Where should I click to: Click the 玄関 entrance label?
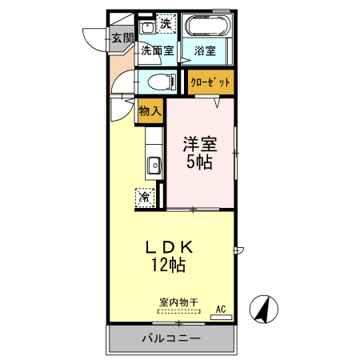pyautogui.click(x=122, y=38)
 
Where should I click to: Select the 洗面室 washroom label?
pyautogui.click(x=157, y=50)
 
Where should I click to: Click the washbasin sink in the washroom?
pyautogui.click(x=147, y=28)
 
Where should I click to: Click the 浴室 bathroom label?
pyautogui.click(x=205, y=51)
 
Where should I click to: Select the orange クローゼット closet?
pyautogui.click(x=211, y=82)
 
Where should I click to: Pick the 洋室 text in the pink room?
pyautogui.click(x=200, y=145)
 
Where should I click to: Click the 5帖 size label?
pyautogui.click(x=200, y=162)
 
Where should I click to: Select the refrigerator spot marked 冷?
pyautogui.click(x=146, y=197)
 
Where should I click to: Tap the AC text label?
pyautogui.click(x=221, y=308)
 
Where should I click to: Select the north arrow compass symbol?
pyautogui.click(x=264, y=309)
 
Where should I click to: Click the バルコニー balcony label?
pyautogui.click(x=171, y=339)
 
